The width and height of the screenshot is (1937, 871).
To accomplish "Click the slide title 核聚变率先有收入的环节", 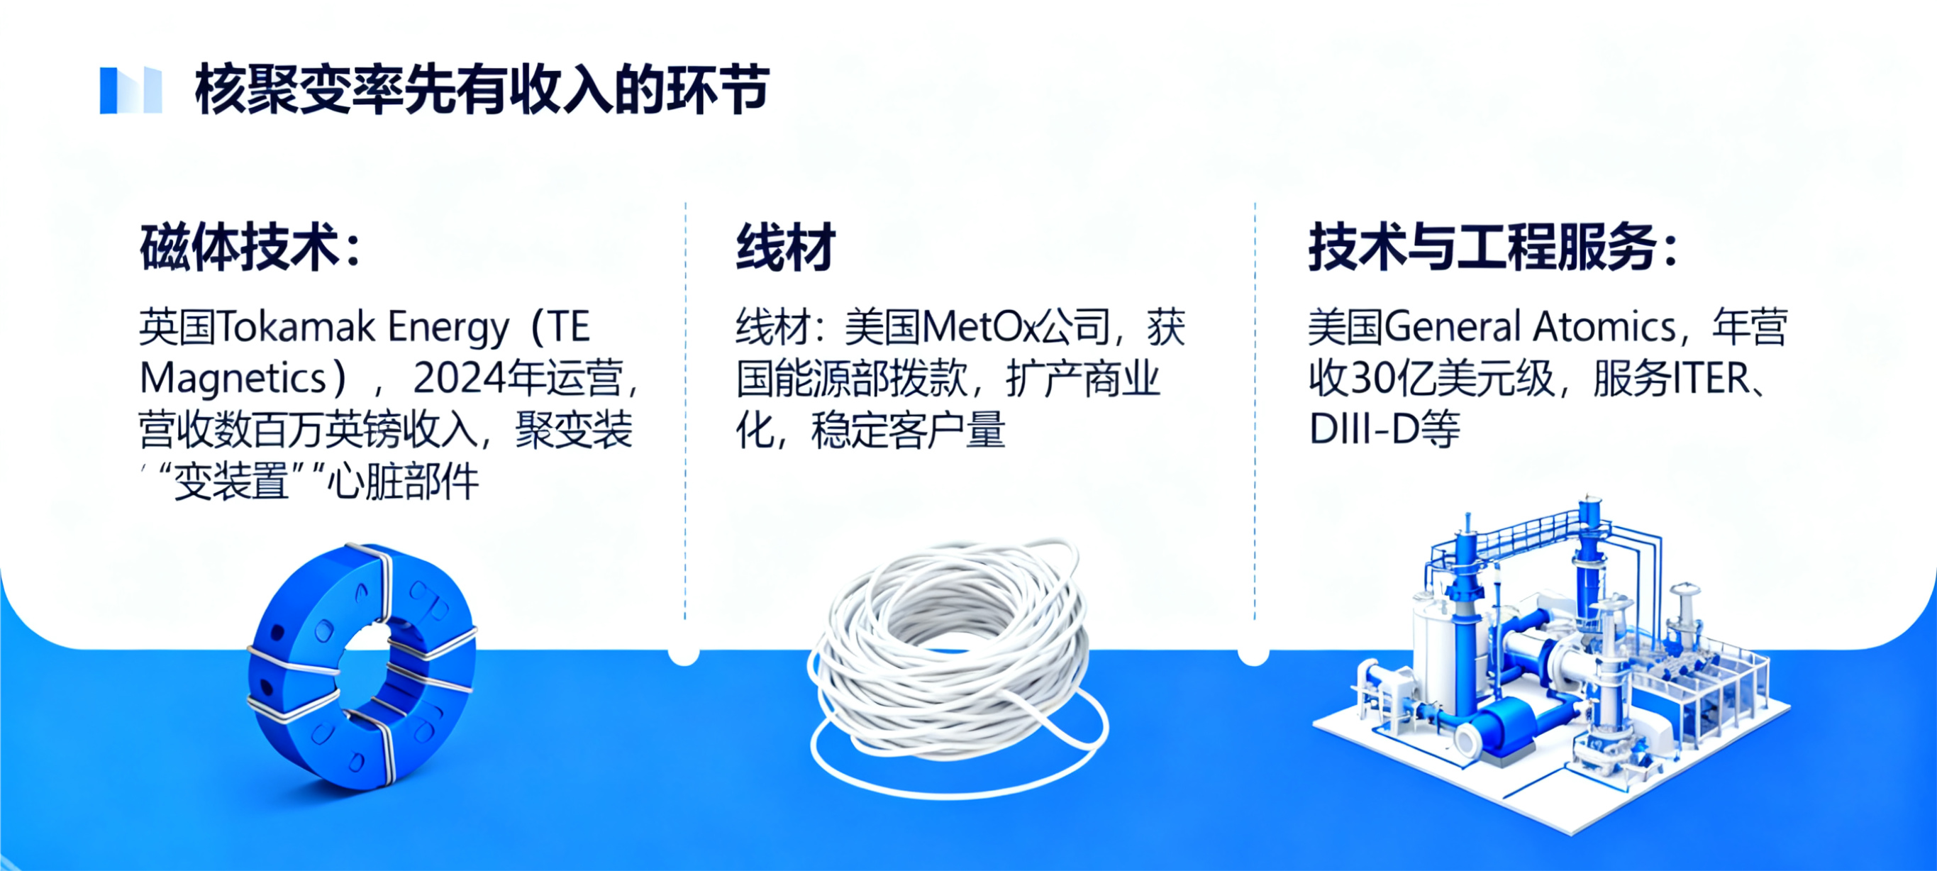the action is point(482,89).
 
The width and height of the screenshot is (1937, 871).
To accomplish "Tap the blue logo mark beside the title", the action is point(131,90).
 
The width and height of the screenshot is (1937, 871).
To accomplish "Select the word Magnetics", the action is point(233,378).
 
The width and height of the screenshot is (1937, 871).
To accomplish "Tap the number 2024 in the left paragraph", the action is point(460,378).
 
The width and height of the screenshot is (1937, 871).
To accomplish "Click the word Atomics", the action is point(1604,328).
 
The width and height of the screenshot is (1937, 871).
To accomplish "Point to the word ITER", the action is point(1711,379).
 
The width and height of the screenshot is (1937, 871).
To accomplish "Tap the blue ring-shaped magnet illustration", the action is point(362,665).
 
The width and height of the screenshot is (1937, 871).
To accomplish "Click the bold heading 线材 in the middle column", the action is point(785,248).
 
